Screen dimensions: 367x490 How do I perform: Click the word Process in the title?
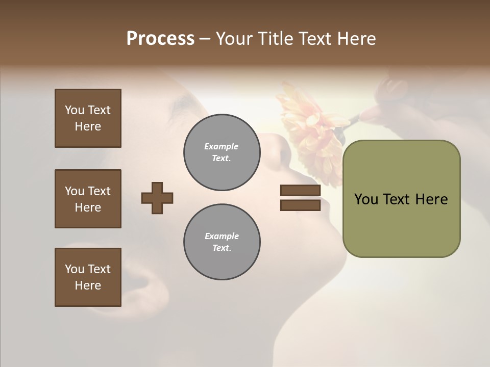coord(160,39)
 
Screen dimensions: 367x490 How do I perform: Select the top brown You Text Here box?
coord(88,118)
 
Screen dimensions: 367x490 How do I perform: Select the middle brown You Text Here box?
coord(88,199)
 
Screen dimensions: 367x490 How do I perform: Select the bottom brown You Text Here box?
coord(88,277)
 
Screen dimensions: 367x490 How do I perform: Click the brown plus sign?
coord(157,198)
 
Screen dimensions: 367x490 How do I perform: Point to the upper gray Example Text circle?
coord(222,152)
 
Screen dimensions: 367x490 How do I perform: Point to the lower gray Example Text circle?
coord(222,242)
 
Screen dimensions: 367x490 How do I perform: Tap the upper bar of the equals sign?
coord(300,191)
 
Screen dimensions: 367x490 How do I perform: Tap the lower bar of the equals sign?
coord(300,205)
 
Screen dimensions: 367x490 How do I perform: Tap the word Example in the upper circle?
coord(221,146)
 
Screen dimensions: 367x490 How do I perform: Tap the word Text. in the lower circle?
coord(222,248)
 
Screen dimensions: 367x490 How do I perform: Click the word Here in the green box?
coord(431,199)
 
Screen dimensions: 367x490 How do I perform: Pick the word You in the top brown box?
coord(74,110)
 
